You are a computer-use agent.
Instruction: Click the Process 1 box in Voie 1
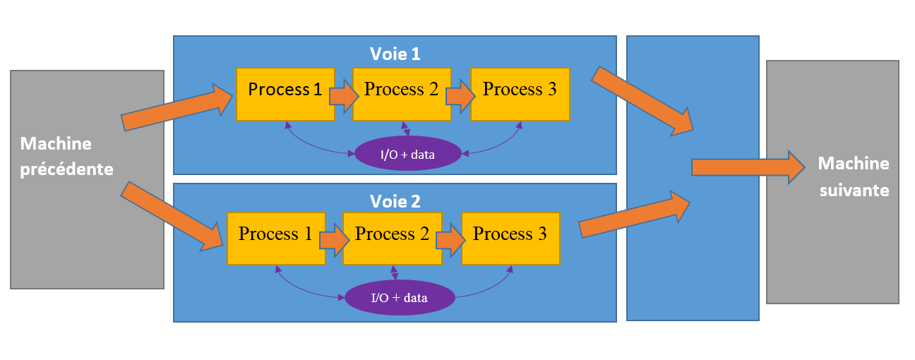point(285,94)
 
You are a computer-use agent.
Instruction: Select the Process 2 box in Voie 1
point(401,94)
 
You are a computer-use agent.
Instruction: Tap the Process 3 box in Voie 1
point(520,94)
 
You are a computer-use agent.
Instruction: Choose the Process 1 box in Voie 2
point(275,238)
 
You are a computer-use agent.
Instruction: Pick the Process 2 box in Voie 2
point(392,238)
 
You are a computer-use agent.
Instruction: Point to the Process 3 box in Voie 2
point(510,238)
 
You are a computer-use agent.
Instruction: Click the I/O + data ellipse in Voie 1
point(407,153)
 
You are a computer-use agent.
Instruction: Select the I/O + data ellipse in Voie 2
point(399,297)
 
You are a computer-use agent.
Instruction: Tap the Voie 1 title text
point(395,54)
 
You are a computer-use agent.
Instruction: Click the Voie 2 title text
point(395,201)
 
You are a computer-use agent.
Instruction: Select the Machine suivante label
point(853,176)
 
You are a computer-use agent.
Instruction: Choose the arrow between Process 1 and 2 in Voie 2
point(334,239)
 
